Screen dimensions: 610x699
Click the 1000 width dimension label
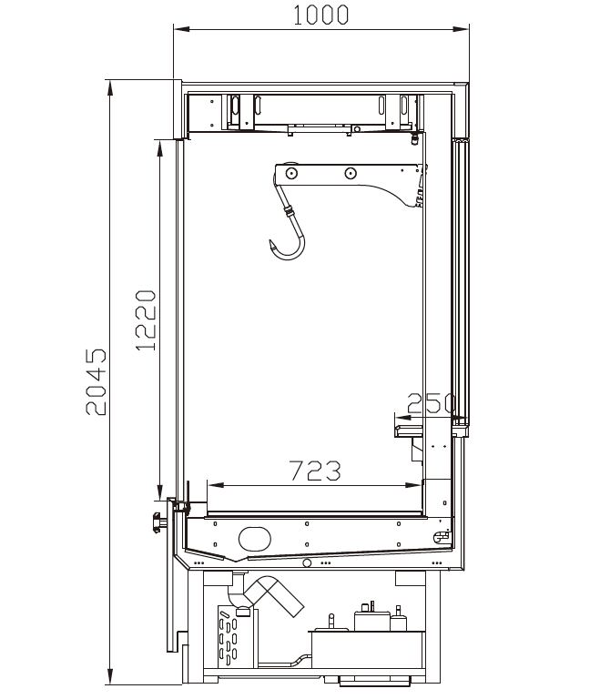click(320, 15)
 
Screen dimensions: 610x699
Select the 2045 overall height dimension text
click(97, 382)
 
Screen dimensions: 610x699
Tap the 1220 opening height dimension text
click(146, 320)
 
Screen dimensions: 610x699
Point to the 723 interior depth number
click(315, 471)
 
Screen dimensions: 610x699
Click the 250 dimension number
click(432, 403)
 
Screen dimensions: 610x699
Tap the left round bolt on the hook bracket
click(291, 173)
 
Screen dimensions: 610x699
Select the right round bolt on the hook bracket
click(351, 173)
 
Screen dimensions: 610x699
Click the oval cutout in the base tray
click(255, 539)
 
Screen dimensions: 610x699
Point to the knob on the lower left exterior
click(158, 522)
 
